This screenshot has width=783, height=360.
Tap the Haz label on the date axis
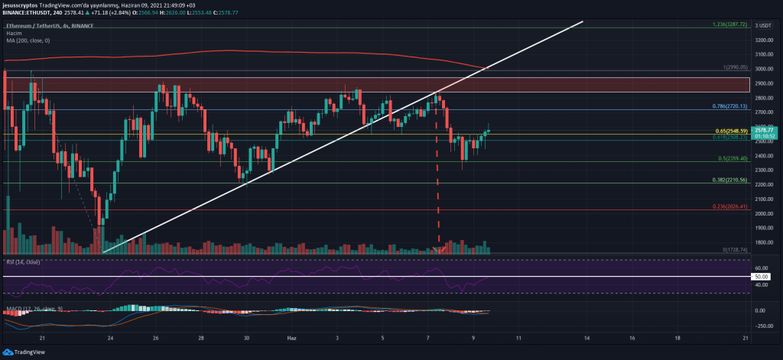click(x=291, y=336)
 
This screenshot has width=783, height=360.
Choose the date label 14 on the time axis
click(x=586, y=336)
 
